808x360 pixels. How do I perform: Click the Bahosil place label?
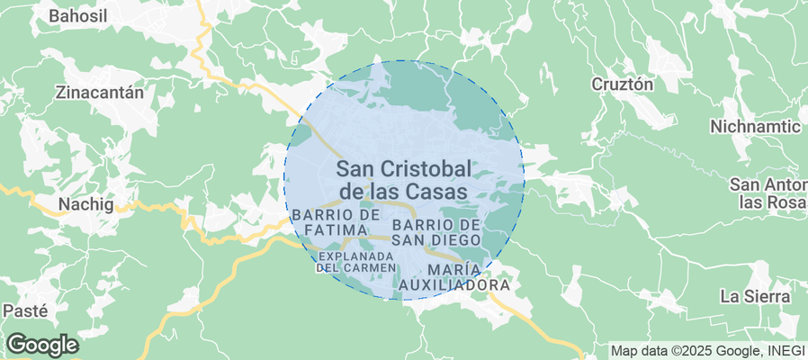[77, 15]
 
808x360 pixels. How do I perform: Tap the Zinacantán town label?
[100, 92]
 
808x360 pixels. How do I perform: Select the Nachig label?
[86, 204]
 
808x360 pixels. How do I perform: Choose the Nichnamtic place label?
[754, 126]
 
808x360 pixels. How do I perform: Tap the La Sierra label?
[755, 296]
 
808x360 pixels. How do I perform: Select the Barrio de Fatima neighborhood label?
[335, 223]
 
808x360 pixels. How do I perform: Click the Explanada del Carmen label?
[356, 261]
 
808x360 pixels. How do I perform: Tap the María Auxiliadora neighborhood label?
[454, 277]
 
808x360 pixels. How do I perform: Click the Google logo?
[42, 345]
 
